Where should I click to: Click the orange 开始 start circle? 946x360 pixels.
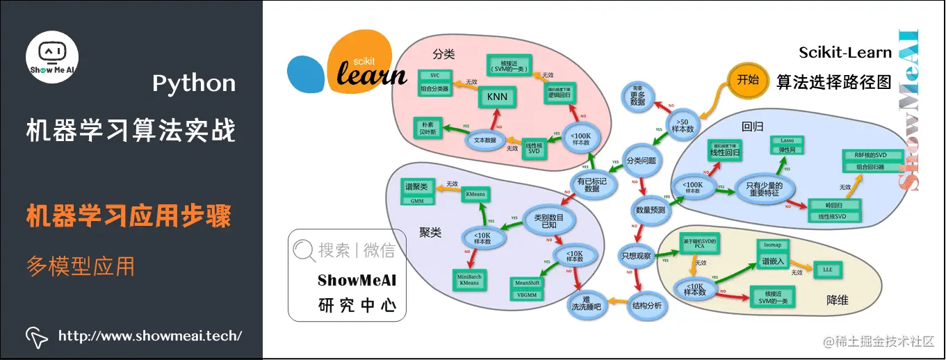pos(747,80)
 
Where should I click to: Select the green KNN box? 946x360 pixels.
pos(496,96)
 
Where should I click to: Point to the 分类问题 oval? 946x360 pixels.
pos(640,161)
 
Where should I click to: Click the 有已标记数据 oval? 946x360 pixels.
pos(592,183)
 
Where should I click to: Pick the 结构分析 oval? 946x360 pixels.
pos(646,305)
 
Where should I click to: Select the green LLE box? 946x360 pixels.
pos(827,269)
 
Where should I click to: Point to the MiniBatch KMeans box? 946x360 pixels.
pos(469,279)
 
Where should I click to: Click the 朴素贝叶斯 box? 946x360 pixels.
pos(429,126)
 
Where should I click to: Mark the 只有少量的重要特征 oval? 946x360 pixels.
pos(765,190)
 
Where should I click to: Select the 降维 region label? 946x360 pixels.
pos(837,300)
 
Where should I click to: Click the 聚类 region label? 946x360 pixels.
pos(430,233)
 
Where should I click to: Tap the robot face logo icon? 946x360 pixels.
pos(52,53)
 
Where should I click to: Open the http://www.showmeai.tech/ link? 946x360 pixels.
pos(149,336)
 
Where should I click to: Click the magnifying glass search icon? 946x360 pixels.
pos(304,251)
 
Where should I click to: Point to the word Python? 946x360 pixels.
pos(194,84)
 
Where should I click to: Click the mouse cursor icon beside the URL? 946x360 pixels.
pos(36,336)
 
